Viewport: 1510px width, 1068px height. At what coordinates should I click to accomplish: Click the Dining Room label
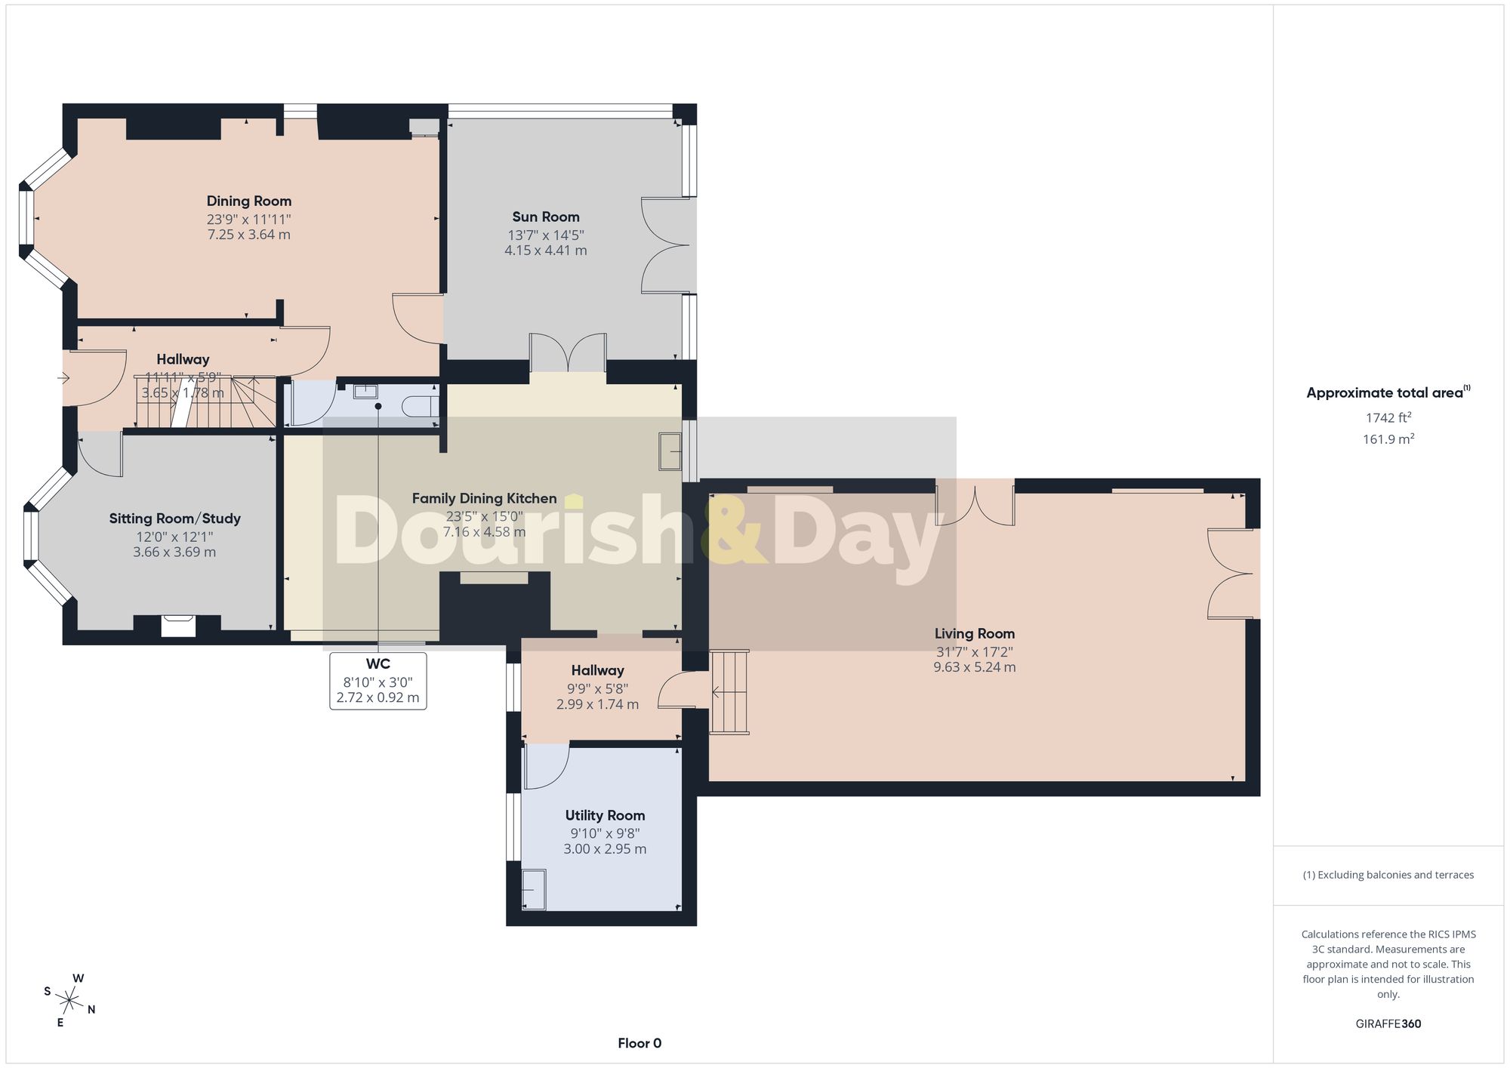[x=249, y=201]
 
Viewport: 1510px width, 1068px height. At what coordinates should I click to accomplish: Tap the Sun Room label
[x=546, y=217]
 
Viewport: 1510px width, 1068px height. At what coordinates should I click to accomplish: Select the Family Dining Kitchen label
[x=484, y=498]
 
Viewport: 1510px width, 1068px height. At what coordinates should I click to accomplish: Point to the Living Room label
[x=975, y=634]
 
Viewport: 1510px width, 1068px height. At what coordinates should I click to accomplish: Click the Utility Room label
[x=605, y=815]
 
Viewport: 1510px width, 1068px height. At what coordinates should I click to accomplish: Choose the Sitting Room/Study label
[x=174, y=519]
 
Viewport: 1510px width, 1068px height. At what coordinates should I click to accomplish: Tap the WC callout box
[x=378, y=681]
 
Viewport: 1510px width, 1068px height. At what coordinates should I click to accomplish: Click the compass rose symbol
[x=69, y=1002]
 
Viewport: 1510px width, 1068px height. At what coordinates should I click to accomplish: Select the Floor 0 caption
[x=639, y=1043]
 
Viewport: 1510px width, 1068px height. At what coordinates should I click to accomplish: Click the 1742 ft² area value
[x=1388, y=417]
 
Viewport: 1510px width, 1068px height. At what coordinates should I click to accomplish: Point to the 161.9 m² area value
[x=1388, y=439]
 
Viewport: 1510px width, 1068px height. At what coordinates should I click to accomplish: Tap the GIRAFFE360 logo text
[x=1388, y=1024]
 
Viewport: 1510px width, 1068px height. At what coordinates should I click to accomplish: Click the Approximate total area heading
[x=1388, y=392]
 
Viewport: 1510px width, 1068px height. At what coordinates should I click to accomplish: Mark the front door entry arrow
[x=63, y=377]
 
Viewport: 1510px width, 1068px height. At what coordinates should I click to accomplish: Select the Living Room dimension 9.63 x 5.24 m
[x=975, y=667]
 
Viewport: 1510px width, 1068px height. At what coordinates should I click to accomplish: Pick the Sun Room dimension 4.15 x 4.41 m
[x=546, y=251]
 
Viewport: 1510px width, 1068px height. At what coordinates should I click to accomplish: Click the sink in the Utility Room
[x=534, y=889]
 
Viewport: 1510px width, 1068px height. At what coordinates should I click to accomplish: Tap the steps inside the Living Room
[x=729, y=692]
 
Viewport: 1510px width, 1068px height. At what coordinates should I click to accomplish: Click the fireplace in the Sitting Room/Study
[x=178, y=626]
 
